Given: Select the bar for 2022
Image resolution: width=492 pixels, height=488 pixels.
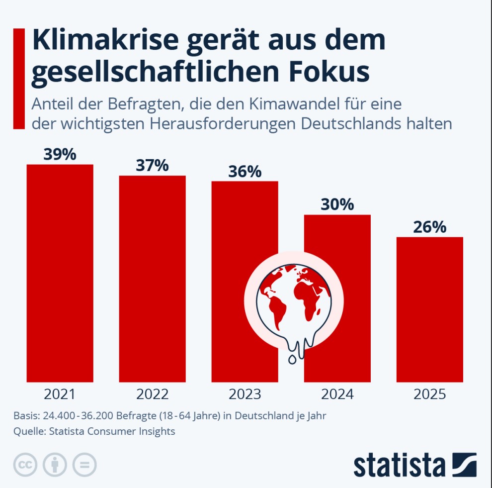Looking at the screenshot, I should click(152, 279).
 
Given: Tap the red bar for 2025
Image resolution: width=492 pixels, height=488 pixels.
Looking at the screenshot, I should click(429, 308).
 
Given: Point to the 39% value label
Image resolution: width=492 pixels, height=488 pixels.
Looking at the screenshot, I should click(60, 155).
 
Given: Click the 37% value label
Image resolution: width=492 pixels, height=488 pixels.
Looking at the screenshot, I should click(152, 166).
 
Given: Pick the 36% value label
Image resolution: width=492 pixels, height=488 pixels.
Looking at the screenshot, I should click(245, 172).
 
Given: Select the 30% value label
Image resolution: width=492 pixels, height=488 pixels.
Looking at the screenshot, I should click(337, 204).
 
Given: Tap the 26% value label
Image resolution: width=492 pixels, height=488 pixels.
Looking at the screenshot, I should click(429, 227).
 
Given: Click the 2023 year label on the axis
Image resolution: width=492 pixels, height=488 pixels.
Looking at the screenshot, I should click(245, 394).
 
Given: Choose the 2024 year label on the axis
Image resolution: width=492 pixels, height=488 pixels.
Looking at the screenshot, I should click(337, 394).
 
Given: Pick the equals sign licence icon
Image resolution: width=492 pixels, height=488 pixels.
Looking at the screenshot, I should click(84, 465).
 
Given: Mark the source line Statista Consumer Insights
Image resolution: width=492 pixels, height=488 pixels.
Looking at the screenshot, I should click(112, 431).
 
